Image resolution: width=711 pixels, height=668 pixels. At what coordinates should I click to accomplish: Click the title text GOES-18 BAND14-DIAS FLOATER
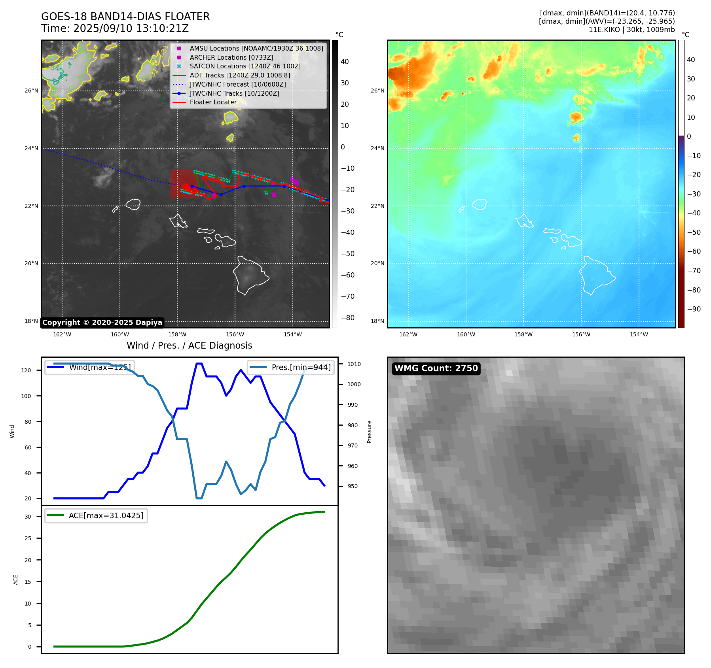[x=125, y=17]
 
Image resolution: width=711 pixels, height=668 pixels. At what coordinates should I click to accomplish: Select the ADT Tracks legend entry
[x=240, y=75]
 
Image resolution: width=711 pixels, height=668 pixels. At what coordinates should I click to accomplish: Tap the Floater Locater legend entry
[x=213, y=102]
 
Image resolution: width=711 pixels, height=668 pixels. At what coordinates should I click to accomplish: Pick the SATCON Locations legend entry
[x=245, y=66]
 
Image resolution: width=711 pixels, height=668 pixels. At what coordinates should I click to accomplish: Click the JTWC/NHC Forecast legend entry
[x=237, y=84]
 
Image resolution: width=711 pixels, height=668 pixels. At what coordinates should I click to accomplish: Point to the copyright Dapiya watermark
[x=102, y=323]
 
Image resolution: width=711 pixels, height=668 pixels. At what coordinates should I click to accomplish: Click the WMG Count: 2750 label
[x=436, y=368]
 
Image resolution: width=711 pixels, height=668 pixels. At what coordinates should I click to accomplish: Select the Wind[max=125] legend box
[x=89, y=367]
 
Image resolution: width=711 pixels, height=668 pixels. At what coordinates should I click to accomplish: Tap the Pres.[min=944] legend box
[x=291, y=367]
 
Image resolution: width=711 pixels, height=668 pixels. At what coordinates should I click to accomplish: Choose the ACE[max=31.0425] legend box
[x=96, y=515]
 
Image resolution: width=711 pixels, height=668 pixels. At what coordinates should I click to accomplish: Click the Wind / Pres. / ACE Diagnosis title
[x=189, y=345]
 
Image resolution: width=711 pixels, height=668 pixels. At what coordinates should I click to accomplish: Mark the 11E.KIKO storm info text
[x=631, y=30]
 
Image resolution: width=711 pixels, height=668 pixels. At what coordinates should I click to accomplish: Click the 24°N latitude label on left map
[x=31, y=149]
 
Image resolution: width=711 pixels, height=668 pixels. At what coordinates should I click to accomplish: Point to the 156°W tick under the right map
[x=581, y=334]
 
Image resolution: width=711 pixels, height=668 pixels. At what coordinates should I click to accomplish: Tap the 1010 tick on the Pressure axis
[x=354, y=364]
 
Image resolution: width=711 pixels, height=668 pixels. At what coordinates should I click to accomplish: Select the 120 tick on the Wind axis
[x=26, y=370]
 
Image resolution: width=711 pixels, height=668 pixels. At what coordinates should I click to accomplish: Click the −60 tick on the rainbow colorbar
[x=694, y=251]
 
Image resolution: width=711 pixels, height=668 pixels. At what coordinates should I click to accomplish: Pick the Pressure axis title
[x=369, y=432]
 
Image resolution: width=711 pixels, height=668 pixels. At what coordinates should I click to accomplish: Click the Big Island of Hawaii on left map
[x=250, y=275]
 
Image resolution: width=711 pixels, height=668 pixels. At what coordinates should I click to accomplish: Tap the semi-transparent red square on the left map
[x=182, y=184]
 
